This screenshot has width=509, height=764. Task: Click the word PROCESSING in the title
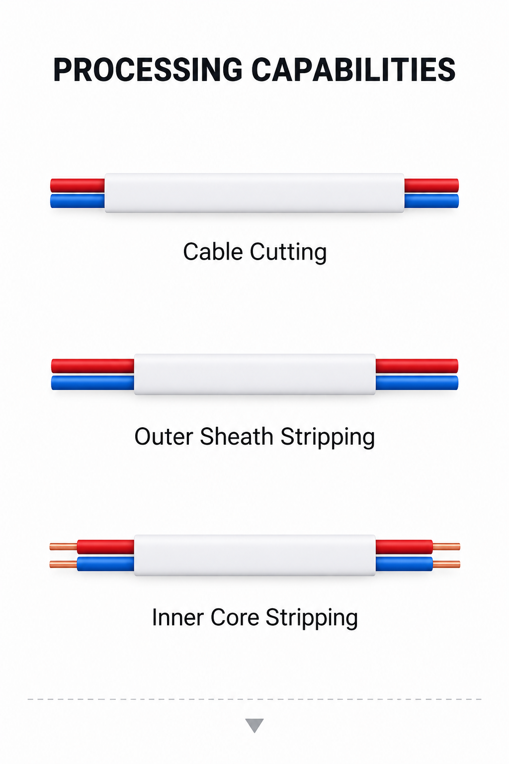click(x=148, y=70)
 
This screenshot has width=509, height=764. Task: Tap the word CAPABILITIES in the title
click(x=353, y=70)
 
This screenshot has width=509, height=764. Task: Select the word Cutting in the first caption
click(x=288, y=253)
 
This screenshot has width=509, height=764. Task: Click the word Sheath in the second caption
click(x=236, y=436)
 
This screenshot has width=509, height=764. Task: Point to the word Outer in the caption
click(x=164, y=437)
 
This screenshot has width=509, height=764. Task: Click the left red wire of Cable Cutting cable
click(x=78, y=185)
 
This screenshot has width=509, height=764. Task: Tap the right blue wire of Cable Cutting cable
click(x=431, y=201)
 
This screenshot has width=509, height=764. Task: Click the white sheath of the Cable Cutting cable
click(x=254, y=193)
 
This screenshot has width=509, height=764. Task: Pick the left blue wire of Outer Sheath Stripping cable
click(x=93, y=382)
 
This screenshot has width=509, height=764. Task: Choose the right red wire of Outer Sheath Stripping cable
click(x=417, y=366)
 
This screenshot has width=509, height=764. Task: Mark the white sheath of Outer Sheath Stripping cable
click(x=254, y=374)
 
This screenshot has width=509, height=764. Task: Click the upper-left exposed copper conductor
click(x=64, y=547)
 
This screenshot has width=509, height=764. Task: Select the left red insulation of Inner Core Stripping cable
click(x=106, y=547)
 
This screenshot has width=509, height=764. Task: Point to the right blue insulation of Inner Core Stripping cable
click(x=404, y=564)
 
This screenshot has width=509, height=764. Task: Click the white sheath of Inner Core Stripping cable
click(x=254, y=555)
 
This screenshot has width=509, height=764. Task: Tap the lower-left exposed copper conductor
click(x=64, y=564)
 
